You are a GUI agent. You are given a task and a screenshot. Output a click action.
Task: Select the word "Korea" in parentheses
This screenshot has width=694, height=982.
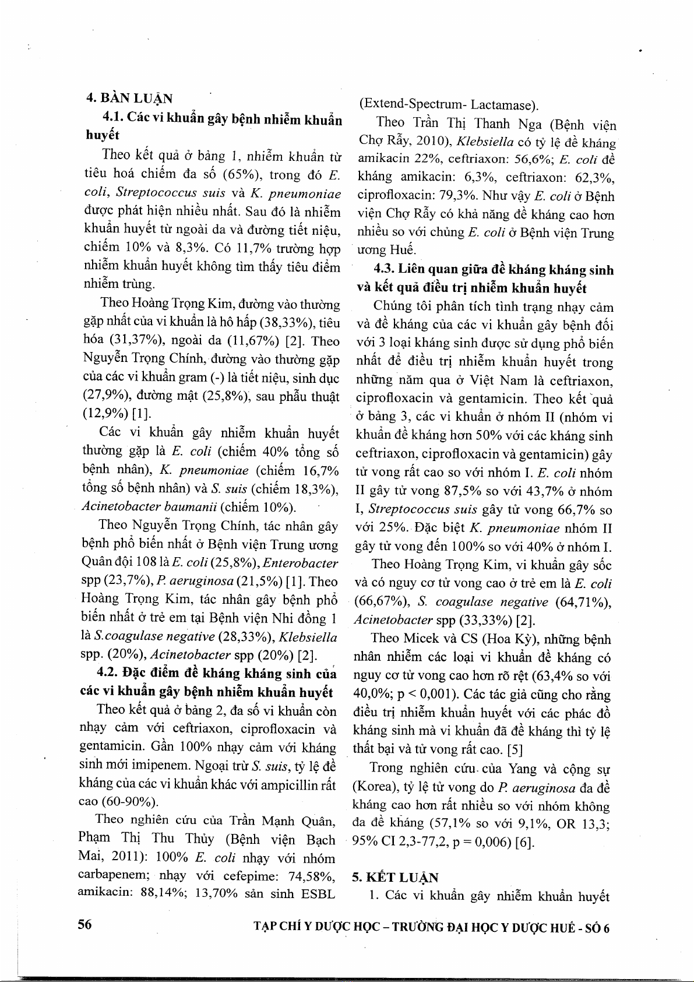coord(375,787)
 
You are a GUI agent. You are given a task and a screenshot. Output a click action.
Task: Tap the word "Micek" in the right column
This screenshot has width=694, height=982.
coord(424,639)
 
